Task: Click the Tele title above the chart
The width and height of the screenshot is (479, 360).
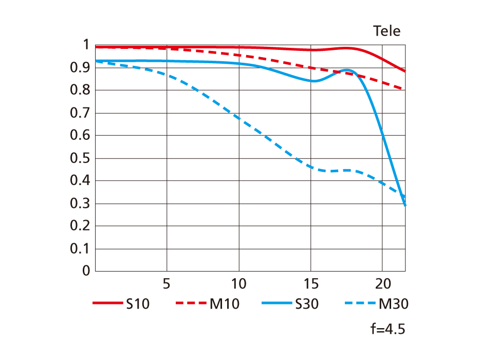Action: coord(386,31)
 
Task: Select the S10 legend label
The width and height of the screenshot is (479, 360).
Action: coord(137,304)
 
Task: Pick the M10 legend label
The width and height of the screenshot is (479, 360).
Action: coord(224,304)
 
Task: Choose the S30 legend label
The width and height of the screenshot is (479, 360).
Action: coord(307,304)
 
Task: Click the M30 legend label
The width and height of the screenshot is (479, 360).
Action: coord(393,304)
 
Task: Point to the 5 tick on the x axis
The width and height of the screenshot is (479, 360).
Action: coord(166,283)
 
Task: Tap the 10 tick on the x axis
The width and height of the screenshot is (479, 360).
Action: coord(238,283)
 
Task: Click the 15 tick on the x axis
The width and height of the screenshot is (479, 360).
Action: coord(310,283)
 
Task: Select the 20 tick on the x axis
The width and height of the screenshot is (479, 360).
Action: coord(382,283)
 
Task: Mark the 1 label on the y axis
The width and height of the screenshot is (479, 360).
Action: coord(86,45)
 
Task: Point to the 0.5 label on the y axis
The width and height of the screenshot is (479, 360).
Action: coord(80,158)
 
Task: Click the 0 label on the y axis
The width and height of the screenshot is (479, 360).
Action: coord(86,271)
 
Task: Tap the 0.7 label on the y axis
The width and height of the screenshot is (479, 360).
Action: coord(80,113)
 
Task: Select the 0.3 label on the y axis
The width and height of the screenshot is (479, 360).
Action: coord(80,203)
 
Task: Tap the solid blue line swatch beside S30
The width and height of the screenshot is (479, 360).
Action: coord(277,303)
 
